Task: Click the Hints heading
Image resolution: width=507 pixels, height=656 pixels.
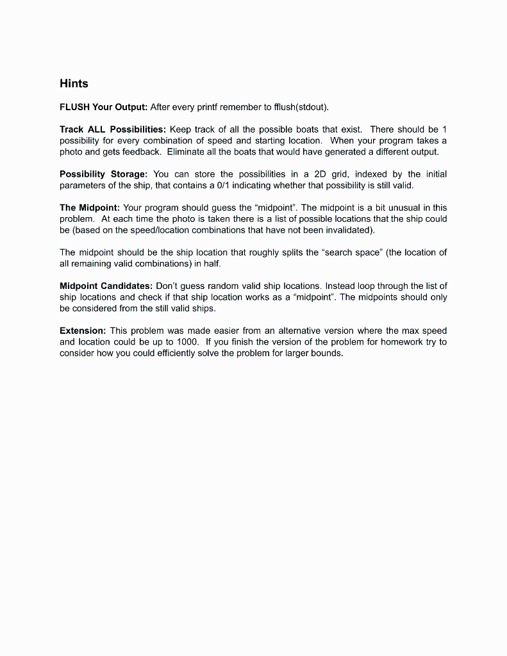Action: tap(74, 84)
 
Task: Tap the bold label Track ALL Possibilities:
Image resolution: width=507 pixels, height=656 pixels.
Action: tap(112, 129)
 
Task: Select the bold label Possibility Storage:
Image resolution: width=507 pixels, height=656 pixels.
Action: tap(104, 174)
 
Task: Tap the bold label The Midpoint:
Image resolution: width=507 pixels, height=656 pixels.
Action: tap(89, 208)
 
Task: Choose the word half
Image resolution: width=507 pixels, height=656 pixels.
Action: tap(211, 264)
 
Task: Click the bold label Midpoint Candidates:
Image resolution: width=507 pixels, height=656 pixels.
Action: tap(106, 286)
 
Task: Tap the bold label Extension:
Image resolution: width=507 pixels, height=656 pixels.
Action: tap(83, 331)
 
